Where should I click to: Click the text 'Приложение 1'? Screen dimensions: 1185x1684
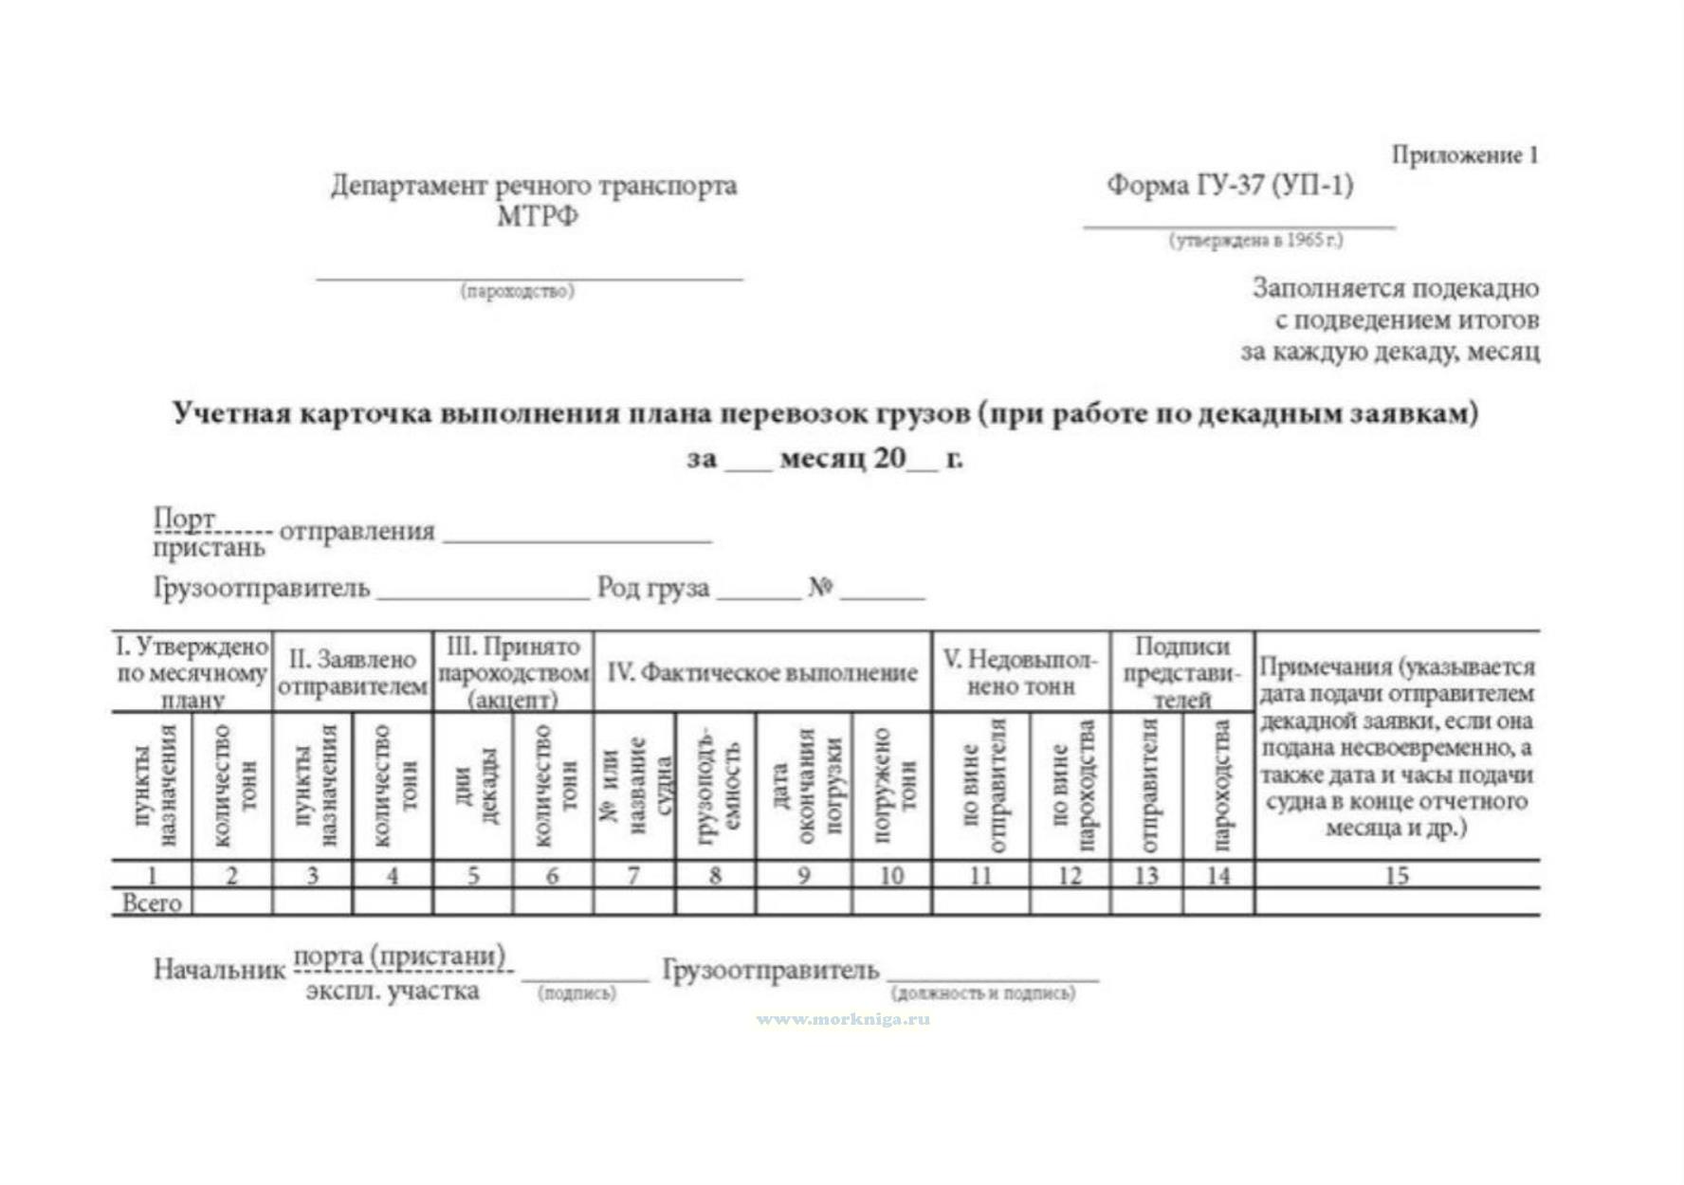[x=1464, y=155]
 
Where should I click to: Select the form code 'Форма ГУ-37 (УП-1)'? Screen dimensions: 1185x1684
[x=1230, y=186]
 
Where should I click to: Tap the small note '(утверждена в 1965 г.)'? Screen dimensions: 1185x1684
[x=1255, y=241]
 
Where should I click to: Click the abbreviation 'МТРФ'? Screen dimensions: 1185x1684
[x=537, y=217]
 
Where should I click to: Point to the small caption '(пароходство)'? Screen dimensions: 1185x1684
[x=518, y=291]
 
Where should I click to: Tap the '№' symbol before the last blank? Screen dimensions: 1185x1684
[x=820, y=589]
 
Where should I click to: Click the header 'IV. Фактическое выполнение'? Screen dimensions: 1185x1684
[x=762, y=673]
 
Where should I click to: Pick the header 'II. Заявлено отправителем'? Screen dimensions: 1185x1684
[x=353, y=672]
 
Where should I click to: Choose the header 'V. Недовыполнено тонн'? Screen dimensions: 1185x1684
[x=1020, y=672]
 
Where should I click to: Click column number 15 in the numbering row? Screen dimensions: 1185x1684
[x=1397, y=875]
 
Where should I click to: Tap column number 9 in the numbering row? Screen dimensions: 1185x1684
[x=803, y=875]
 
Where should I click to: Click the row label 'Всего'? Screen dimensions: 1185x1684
[x=152, y=902]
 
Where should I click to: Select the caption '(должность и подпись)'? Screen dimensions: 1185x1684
[x=983, y=994]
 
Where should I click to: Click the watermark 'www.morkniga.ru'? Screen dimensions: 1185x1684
[x=843, y=1020]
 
